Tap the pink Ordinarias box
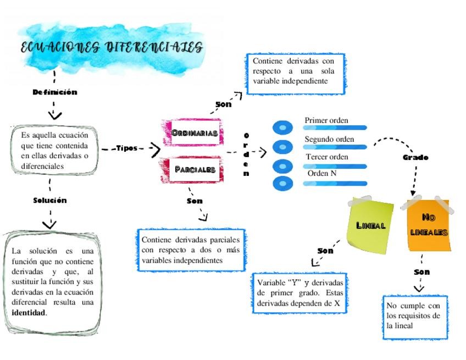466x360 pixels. [194, 132]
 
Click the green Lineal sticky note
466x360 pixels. [371, 225]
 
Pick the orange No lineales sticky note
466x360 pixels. [429, 225]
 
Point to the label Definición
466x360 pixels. [55, 92]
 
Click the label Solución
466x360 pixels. [50, 200]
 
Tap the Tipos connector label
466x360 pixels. [127, 148]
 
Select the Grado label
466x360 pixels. [415, 157]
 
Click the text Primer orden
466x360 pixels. [326, 120]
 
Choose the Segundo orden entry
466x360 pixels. [329, 139]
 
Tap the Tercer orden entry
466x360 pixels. [327, 157]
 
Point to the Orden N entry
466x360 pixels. [322, 173]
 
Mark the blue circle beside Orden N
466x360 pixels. [283, 183]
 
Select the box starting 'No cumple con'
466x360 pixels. [415, 316]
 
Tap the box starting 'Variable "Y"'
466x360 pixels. [300, 293]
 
